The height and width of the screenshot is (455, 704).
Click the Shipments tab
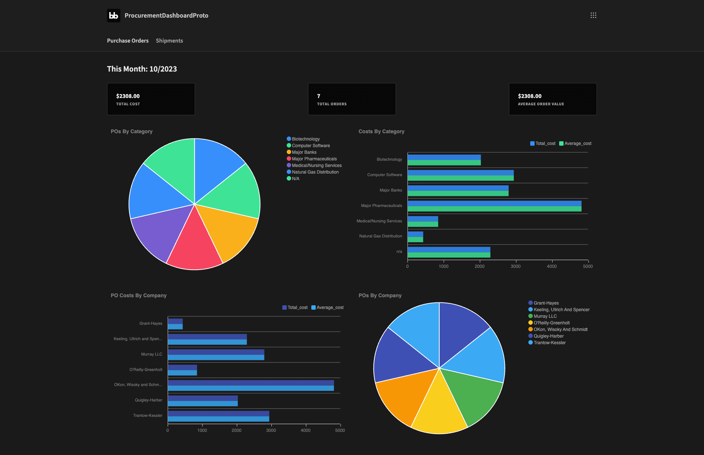click(169, 41)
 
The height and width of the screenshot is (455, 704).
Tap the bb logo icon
click(114, 15)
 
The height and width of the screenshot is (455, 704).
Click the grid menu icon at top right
click(593, 15)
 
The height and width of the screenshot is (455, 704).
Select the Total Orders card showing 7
click(352, 99)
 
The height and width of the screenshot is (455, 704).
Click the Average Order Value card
click(553, 99)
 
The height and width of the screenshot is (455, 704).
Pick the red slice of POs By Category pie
click(194, 246)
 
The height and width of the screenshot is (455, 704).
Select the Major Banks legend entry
click(304, 152)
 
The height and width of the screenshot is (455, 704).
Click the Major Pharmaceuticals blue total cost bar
click(494, 203)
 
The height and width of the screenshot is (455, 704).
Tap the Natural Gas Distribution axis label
click(380, 236)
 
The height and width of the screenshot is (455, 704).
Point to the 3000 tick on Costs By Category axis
click(516, 266)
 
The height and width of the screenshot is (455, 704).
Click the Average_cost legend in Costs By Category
click(575, 143)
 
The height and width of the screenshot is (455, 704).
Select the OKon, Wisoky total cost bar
click(251, 383)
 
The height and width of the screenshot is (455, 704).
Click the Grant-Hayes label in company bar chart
click(151, 324)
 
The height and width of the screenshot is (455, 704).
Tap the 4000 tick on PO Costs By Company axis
click(305, 430)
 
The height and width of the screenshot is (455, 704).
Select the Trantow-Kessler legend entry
click(549, 343)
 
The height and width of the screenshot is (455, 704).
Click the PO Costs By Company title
click(139, 295)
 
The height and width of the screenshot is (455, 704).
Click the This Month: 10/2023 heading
click(142, 69)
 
